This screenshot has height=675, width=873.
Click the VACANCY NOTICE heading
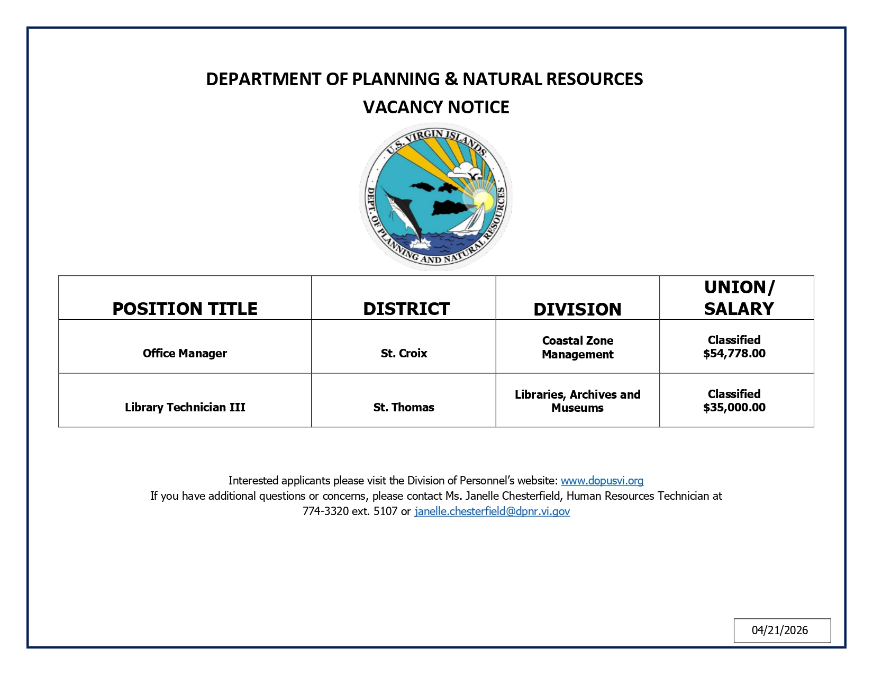[x=436, y=107]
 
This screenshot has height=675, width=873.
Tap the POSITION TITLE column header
[x=185, y=309]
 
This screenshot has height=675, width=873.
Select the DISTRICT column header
[x=406, y=309]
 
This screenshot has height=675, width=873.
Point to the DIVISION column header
[x=577, y=309]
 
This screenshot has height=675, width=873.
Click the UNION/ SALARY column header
[x=739, y=298]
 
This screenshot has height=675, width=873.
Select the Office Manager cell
[x=185, y=353]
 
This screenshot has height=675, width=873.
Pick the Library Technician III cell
[x=185, y=407]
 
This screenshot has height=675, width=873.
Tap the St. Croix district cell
[x=404, y=353]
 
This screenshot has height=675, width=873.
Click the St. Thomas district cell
[x=404, y=407]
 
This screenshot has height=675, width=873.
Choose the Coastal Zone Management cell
[x=577, y=347]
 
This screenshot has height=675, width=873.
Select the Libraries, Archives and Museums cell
[x=577, y=401]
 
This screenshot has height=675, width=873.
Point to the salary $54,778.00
[x=734, y=354]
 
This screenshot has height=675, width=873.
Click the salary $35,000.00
[x=734, y=408]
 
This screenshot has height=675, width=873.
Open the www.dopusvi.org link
[x=602, y=481]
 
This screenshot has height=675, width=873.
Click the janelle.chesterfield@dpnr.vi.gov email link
[x=492, y=511]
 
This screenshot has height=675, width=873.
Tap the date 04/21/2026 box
[x=781, y=630]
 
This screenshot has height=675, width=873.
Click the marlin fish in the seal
[x=402, y=212]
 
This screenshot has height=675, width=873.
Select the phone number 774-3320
[x=325, y=511]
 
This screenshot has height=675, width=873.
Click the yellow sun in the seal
[x=483, y=200]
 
